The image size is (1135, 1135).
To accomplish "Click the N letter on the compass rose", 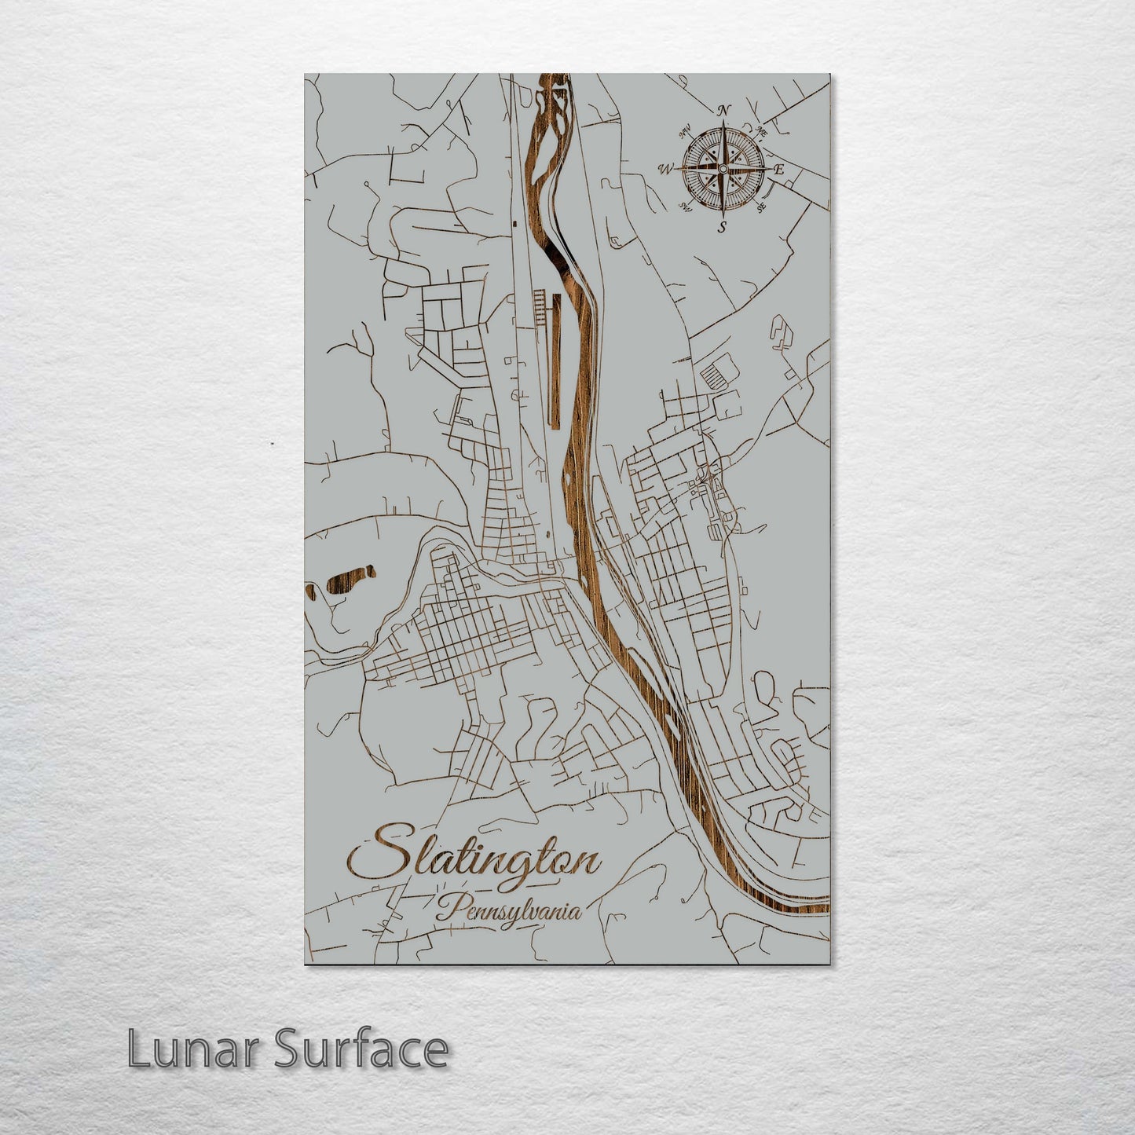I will tap(725, 109).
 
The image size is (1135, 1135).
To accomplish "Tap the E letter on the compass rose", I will tap(779, 169).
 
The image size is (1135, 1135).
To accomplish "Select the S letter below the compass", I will tap(722, 228).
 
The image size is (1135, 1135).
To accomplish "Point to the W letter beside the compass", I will tap(667, 168).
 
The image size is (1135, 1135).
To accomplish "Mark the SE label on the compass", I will tap(760, 208).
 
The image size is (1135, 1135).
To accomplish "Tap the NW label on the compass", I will tap(684, 130).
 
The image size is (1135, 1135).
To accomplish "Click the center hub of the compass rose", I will tap(723, 168).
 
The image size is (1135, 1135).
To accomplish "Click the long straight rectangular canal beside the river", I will tap(557, 361).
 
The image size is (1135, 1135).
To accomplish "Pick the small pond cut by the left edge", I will tap(309, 591).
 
